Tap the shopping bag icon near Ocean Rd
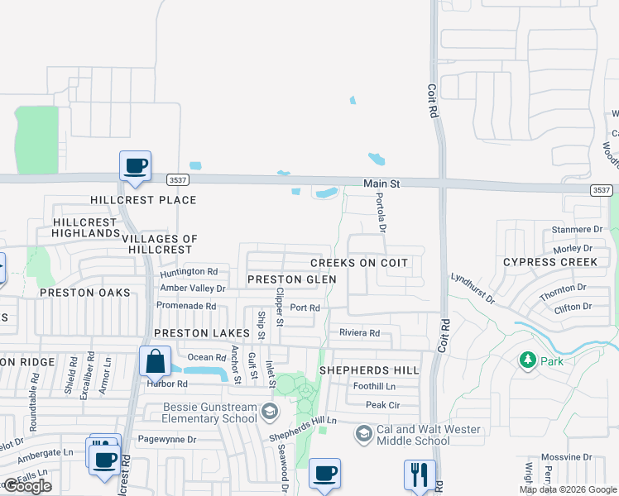[x=156, y=361]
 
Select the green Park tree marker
[x=526, y=360]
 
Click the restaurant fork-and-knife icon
[x=419, y=475]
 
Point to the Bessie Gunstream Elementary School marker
[x=269, y=411]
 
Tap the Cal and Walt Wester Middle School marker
[x=363, y=433]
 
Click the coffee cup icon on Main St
[x=135, y=166]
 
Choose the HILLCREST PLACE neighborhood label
[x=144, y=200]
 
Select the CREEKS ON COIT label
[x=358, y=263]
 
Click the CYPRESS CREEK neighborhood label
[x=550, y=262]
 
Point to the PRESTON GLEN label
[x=292, y=279]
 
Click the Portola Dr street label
[x=381, y=212]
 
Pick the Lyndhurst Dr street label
[x=473, y=288]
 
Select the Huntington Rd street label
[x=190, y=271]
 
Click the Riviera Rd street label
[x=359, y=333]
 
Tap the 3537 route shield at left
[x=176, y=179]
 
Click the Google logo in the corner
[x=26, y=486]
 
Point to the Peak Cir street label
[x=383, y=405]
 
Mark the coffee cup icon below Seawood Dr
[x=324, y=474]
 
